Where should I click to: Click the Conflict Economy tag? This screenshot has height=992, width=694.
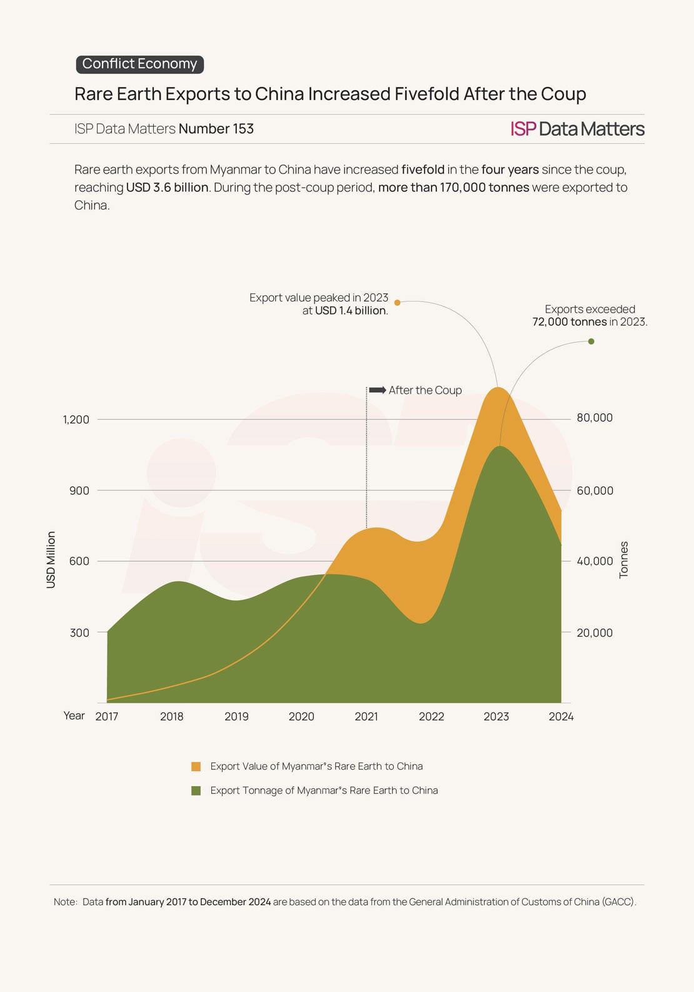tap(139, 64)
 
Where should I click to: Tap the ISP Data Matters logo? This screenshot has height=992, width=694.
tap(577, 129)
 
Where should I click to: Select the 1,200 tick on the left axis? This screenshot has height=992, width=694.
tap(76, 420)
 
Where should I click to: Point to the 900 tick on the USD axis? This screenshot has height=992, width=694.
tap(79, 491)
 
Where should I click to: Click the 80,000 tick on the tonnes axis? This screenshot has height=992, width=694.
tap(595, 418)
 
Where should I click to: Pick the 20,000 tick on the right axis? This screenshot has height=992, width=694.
tap(595, 633)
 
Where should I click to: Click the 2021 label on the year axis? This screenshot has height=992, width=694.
tap(366, 717)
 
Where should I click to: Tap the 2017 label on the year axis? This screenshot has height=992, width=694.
tap(107, 717)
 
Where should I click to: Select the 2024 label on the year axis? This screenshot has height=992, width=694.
tap(561, 717)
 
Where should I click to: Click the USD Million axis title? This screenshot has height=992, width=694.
tap(51, 560)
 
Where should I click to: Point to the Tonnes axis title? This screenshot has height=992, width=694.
tap(623, 560)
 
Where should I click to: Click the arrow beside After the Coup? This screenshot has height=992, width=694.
tap(378, 390)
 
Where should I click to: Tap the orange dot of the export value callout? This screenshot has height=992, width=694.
tap(397, 303)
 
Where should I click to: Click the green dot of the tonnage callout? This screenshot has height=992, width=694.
tap(591, 342)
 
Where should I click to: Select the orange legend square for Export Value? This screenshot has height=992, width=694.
tap(196, 767)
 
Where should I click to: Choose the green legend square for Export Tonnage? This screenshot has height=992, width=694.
tap(196, 791)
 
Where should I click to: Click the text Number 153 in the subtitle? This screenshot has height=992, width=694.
tap(216, 129)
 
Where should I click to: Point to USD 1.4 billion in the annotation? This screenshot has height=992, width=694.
tap(350, 311)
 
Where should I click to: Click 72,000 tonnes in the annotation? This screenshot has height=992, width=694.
tap(570, 322)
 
